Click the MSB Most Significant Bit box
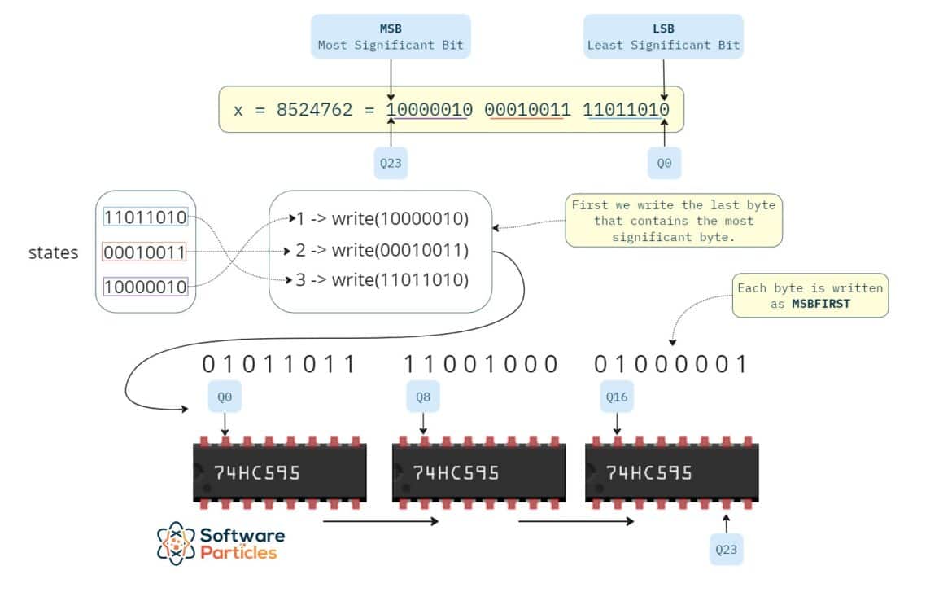click(391, 36)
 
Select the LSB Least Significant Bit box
click(663, 36)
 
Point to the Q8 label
click(422, 397)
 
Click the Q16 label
click(617, 397)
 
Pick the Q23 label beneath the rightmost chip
click(726, 549)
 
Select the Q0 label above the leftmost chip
click(225, 397)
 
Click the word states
click(54, 252)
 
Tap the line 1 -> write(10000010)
click(382, 218)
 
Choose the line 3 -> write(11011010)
click(382, 280)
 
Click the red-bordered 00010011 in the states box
click(145, 252)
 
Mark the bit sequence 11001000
click(481, 364)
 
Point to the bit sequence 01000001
click(670, 364)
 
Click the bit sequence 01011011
click(279, 364)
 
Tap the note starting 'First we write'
click(673, 221)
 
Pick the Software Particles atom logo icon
click(176, 543)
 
